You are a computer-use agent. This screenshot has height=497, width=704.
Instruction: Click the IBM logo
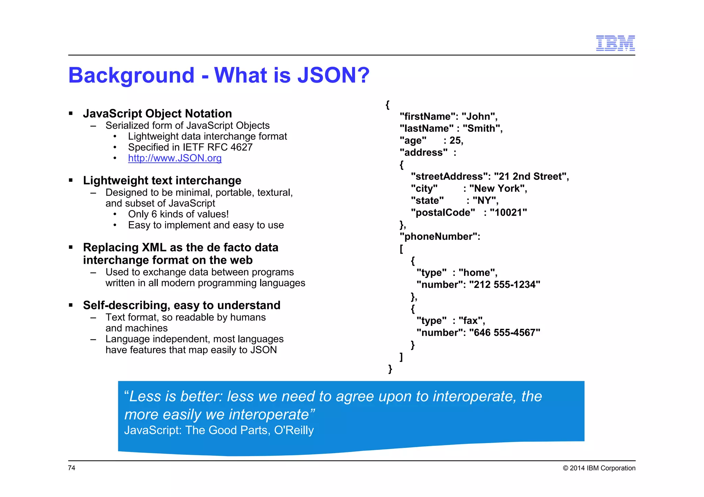[x=615, y=43]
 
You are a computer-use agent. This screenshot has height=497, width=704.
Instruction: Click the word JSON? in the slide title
[x=333, y=75]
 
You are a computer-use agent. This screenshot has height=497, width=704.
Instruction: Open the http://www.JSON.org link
[x=175, y=158]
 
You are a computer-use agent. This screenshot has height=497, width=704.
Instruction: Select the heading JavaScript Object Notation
[x=157, y=114]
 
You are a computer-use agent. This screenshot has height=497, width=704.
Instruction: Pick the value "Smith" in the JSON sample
[x=481, y=128]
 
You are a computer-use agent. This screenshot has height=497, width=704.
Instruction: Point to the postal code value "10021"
[x=508, y=213]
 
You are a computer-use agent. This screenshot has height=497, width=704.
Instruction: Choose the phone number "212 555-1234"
[x=504, y=285]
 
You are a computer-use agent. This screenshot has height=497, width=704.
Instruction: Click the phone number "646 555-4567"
[x=504, y=333]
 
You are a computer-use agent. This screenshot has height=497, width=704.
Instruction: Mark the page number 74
[x=71, y=468]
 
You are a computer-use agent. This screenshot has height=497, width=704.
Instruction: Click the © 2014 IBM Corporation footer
[x=599, y=468]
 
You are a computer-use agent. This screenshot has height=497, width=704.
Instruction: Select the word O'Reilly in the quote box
[x=294, y=430]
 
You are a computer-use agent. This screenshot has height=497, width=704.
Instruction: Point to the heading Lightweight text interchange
[x=162, y=181]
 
